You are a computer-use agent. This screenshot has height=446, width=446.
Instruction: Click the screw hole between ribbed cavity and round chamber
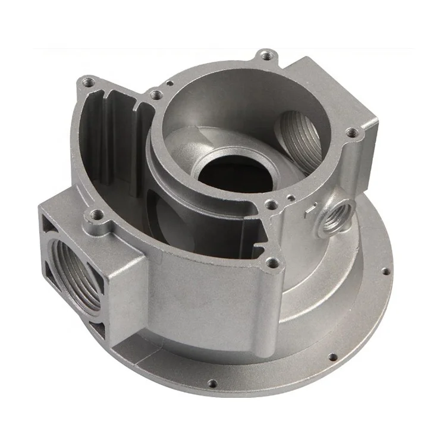click(x=155, y=93)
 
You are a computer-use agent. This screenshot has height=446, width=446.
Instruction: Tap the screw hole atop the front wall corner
click(x=272, y=262)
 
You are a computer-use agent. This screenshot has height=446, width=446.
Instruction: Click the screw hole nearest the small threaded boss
click(x=271, y=205)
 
